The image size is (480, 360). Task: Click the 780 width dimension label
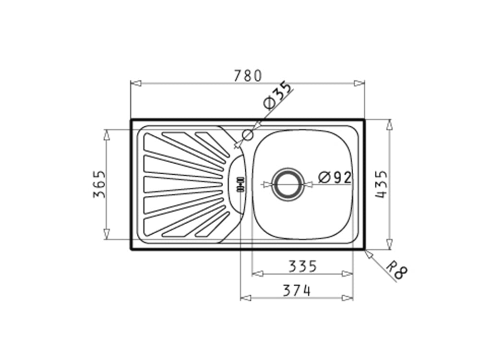click(248, 76)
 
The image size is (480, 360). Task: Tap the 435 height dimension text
click(382, 184)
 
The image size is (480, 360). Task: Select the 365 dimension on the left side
click(99, 184)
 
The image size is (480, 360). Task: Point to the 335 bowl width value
click(302, 266)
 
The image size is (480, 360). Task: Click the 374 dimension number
click(297, 290)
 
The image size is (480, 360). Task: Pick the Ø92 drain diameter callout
click(335, 178)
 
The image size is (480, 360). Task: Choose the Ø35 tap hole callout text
click(278, 95)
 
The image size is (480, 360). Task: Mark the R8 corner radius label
click(397, 270)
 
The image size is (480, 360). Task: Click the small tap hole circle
click(248, 135)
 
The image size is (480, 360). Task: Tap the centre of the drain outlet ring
click(288, 184)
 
